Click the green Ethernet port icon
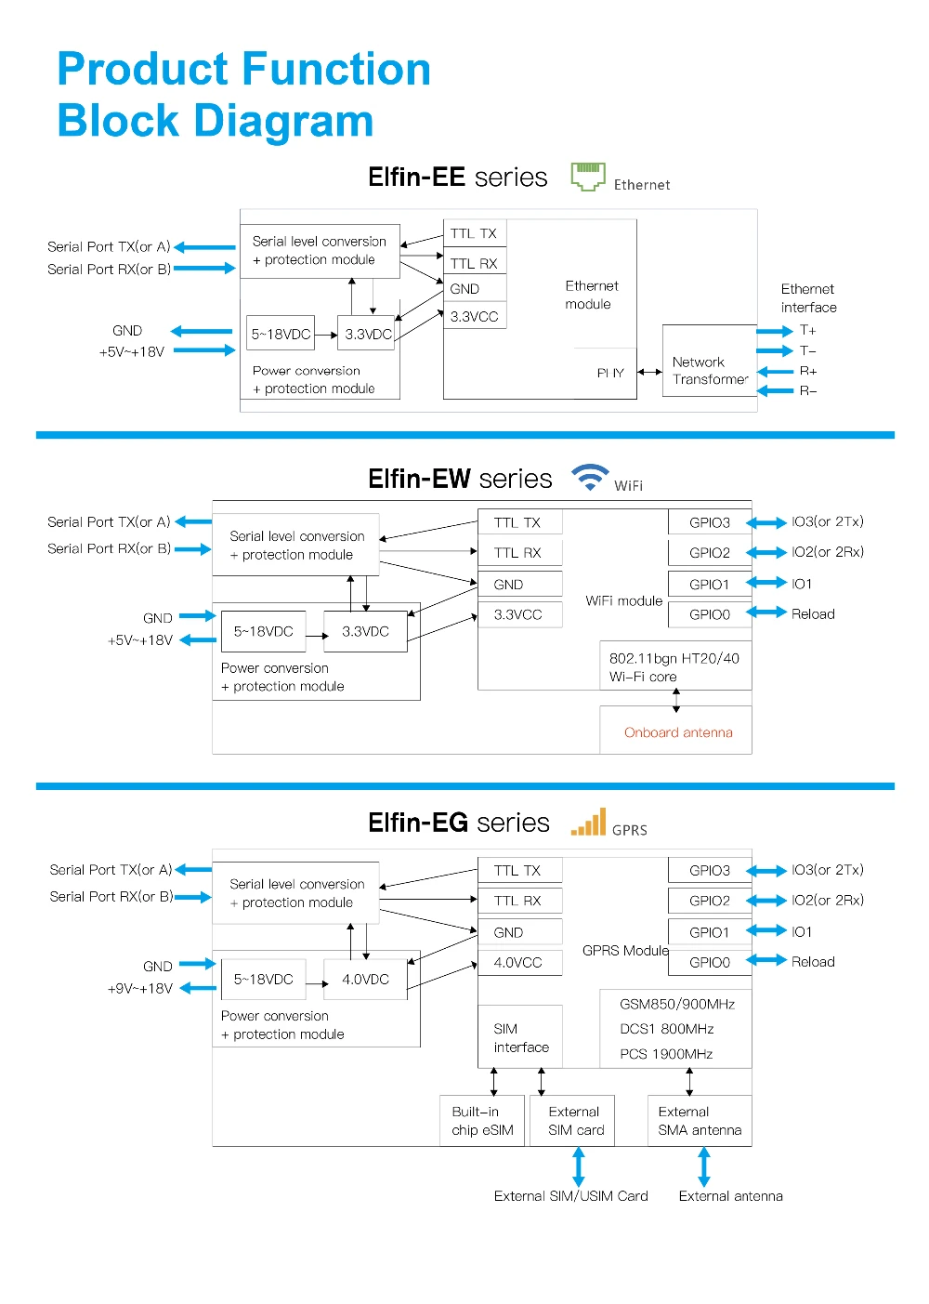pyautogui.click(x=587, y=176)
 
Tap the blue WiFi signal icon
pyautogui.click(x=589, y=477)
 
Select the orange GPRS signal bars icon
pyautogui.click(x=587, y=821)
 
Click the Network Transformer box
pyautogui.click(x=709, y=361)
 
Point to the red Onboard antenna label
pyautogui.click(x=677, y=731)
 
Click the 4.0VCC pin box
pyautogui.click(x=519, y=962)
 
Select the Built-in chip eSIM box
pyautogui.click(x=481, y=1121)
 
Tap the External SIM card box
pyautogui.click(x=572, y=1121)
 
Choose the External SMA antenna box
pyautogui.click(x=700, y=1121)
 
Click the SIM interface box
pyautogui.click(x=519, y=1037)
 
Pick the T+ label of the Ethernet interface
pyautogui.click(x=807, y=330)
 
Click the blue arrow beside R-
pyautogui.click(x=775, y=390)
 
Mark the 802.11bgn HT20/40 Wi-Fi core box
pyautogui.click(x=675, y=666)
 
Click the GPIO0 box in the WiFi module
pyautogui.click(x=710, y=614)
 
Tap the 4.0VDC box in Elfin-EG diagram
pyautogui.click(x=365, y=980)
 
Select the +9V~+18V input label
pyautogui.click(x=140, y=988)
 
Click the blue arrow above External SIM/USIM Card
pyautogui.click(x=578, y=1166)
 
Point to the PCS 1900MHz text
pyautogui.click(x=666, y=1054)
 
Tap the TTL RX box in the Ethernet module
pyautogui.click(x=474, y=263)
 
